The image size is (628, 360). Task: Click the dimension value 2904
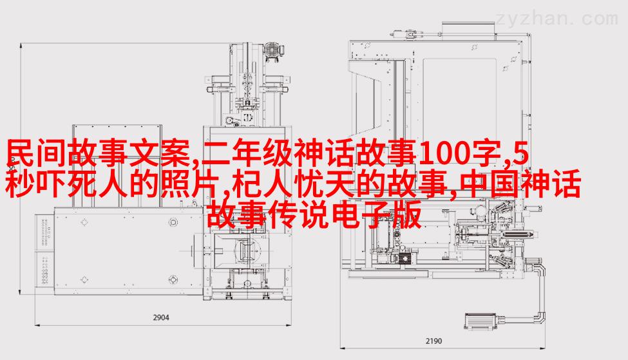(x=161, y=317)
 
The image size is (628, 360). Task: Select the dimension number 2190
(x=433, y=341)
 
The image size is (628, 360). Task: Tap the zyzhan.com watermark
(x=557, y=19)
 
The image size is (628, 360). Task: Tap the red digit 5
(x=520, y=154)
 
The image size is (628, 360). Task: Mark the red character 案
(x=175, y=153)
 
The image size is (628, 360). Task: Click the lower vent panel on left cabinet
(x=45, y=269)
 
